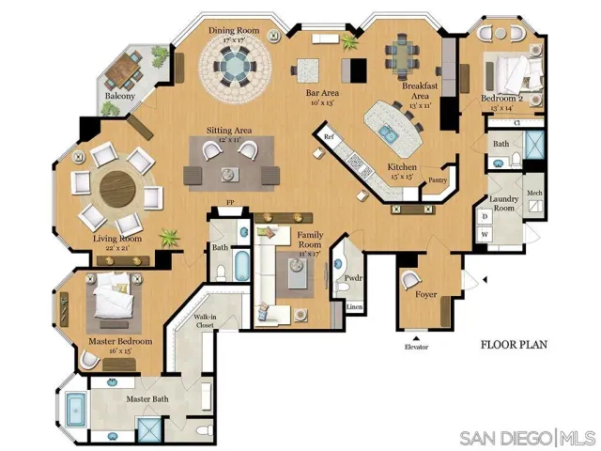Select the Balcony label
tap(119, 96)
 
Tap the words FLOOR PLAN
tap(514, 345)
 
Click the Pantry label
tap(436, 181)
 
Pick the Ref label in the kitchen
tap(329, 137)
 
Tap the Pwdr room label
tap(354, 278)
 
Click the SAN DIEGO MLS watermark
tap(526, 438)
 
